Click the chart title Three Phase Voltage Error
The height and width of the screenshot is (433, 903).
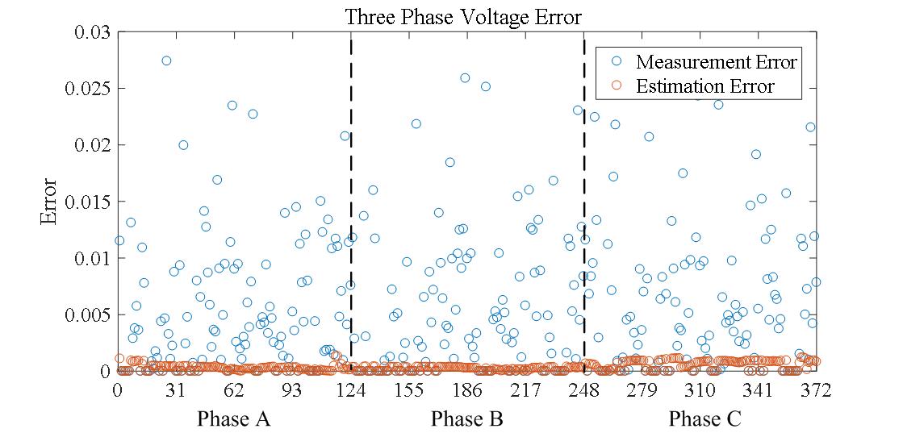(463, 17)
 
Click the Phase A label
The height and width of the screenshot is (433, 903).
(234, 419)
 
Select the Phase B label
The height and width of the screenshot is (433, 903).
(467, 419)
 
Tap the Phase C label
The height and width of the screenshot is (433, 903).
(704, 419)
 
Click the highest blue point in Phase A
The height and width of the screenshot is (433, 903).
(166, 60)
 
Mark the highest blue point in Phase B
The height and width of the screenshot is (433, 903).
(465, 78)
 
